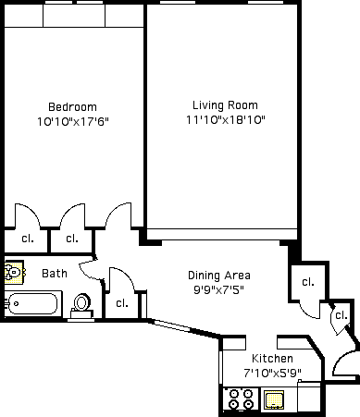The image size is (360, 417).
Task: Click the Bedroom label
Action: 72,107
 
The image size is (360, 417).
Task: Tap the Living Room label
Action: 225,105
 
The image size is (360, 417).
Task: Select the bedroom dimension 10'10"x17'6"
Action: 73,121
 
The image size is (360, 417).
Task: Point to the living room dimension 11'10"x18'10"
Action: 226,119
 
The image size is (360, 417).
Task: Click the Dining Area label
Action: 219,276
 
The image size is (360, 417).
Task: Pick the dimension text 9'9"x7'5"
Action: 218,289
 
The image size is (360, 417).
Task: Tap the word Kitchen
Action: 272,359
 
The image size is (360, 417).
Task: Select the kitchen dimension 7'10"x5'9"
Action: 272,374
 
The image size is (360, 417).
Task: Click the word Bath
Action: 55,274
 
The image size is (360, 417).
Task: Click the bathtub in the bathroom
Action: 33,304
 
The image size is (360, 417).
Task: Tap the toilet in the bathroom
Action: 81,306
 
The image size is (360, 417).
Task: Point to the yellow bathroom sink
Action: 14,273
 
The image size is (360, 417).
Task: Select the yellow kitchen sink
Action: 274,399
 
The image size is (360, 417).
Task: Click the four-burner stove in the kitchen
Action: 241,399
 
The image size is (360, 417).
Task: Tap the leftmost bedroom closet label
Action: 28,239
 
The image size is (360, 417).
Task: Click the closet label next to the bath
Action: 122,303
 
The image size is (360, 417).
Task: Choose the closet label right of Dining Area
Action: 308,282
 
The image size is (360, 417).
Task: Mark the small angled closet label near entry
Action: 341,315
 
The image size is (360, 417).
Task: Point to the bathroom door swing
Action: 88,270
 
